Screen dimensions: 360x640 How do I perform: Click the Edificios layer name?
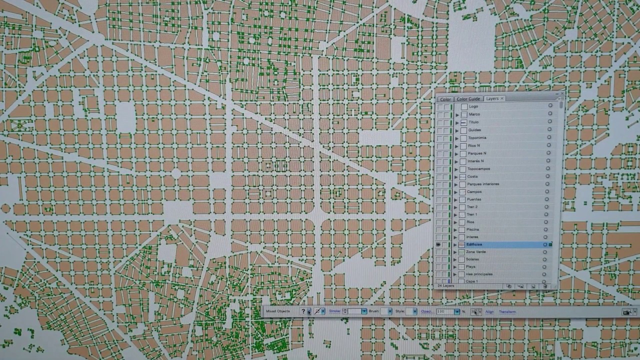(474, 244)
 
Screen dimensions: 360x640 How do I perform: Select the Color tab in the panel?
(445, 99)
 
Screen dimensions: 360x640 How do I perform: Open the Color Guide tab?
(468, 99)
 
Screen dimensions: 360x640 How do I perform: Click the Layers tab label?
(492, 98)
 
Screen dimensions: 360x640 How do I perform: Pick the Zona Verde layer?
(475, 252)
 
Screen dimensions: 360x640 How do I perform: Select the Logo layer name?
(473, 106)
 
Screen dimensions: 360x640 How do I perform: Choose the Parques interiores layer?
(482, 184)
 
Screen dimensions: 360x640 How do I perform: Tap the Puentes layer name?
(474, 199)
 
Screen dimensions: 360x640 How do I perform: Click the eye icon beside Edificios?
(439, 244)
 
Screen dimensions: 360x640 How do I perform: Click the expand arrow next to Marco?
(457, 114)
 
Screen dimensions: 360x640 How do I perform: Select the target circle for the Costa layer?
(550, 176)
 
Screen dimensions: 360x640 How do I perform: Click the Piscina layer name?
(472, 229)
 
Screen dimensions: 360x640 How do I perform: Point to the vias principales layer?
(479, 274)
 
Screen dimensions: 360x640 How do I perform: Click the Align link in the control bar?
(489, 312)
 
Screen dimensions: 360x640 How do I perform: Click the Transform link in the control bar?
(507, 312)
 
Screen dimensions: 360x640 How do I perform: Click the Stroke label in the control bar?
(334, 311)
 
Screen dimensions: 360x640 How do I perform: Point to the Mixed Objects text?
(277, 311)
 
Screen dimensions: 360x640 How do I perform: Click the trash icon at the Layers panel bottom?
(544, 286)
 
